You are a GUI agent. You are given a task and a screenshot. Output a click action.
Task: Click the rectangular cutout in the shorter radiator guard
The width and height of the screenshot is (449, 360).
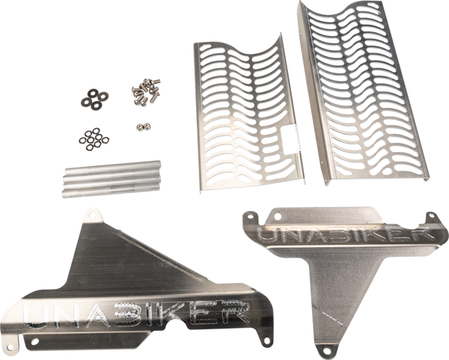[290, 138]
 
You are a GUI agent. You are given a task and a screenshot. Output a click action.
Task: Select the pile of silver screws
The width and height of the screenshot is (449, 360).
[146, 91]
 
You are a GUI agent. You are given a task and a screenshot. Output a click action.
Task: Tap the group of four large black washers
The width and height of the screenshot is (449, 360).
[94, 99]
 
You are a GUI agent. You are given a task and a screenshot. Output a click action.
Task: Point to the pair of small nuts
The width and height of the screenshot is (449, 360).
[143, 126]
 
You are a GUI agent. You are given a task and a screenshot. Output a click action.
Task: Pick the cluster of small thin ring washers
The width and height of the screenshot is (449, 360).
[94, 139]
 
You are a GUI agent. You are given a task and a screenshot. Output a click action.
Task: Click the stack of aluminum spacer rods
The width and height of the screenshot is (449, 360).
[111, 179]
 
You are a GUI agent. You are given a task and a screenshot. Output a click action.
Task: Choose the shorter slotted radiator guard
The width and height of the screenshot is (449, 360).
[248, 115]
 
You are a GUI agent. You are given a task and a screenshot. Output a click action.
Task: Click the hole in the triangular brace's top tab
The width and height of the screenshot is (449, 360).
[92, 214]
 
